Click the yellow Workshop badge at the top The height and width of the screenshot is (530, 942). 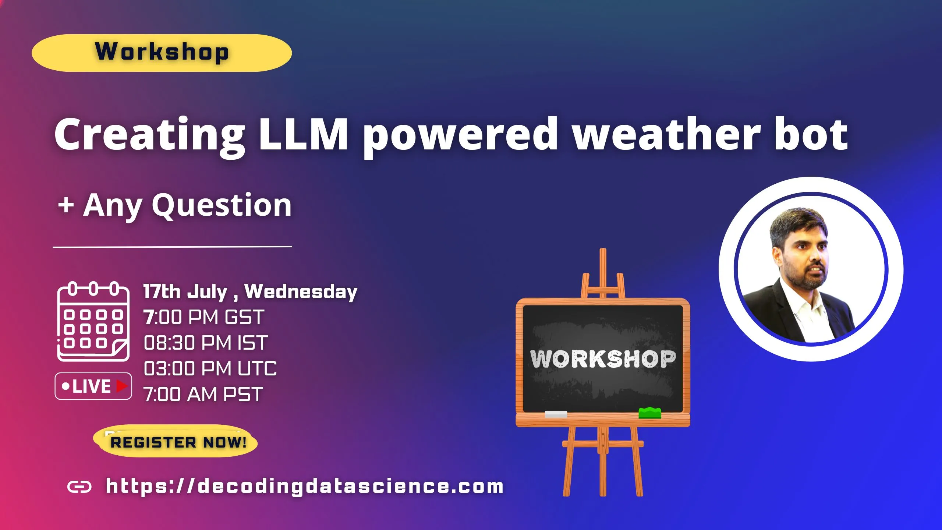pyautogui.click(x=162, y=53)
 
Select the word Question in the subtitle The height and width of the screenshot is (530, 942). pyautogui.click(x=222, y=206)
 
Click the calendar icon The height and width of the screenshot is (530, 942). pyautogui.click(x=93, y=322)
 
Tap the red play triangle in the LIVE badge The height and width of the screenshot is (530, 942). pyautogui.click(x=122, y=386)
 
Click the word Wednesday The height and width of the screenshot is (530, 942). pyautogui.click(x=301, y=291)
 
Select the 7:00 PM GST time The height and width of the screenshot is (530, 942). pyautogui.click(x=204, y=317)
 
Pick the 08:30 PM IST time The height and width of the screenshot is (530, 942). pyautogui.click(x=206, y=343)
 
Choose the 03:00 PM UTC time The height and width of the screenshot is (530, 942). pyautogui.click(x=210, y=368)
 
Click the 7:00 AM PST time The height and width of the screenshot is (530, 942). pyautogui.click(x=203, y=394)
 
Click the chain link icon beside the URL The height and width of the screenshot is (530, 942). pyautogui.click(x=79, y=487)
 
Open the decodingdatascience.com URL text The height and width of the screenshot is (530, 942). pyautogui.click(x=305, y=486)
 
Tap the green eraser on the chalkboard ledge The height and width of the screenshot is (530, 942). pyautogui.click(x=649, y=413)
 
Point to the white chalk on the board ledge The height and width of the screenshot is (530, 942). pyautogui.click(x=556, y=414)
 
